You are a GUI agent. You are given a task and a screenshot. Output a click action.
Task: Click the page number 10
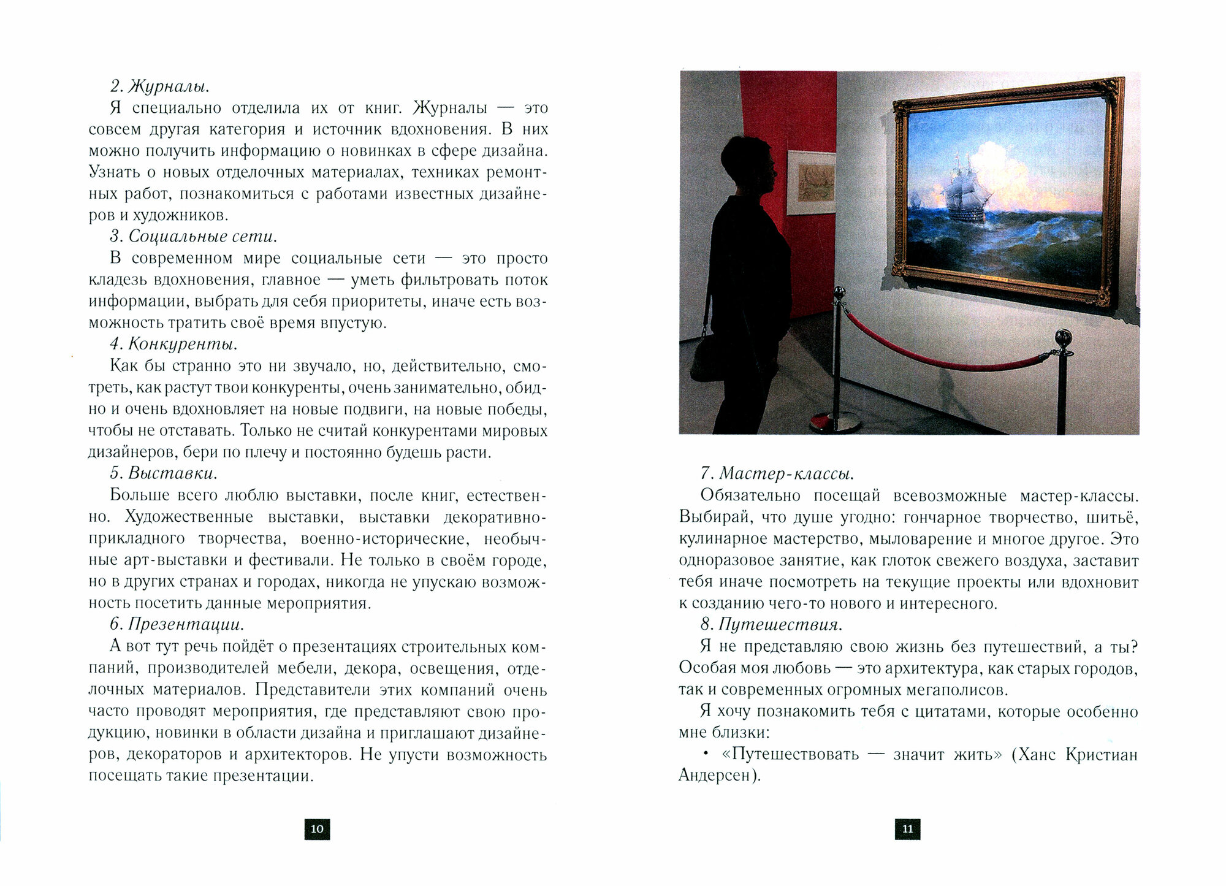317,829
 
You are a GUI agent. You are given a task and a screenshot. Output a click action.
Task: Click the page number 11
907,829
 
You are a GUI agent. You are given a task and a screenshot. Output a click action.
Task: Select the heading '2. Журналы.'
155,86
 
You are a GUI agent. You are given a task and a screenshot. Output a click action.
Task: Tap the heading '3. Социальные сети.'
194,237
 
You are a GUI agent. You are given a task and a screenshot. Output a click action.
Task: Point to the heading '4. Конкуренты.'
174,344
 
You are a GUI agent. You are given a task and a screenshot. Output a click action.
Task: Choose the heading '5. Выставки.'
164,473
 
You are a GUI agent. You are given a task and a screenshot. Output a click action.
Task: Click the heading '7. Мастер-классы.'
777,473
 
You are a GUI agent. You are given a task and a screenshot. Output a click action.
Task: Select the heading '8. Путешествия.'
771,624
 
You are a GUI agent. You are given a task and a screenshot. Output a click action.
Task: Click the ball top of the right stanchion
1062,338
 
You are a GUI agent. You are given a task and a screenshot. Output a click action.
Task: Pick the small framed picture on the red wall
810,182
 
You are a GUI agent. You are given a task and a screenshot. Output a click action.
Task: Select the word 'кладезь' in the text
118,280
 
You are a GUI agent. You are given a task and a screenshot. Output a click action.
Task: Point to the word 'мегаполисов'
953,690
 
